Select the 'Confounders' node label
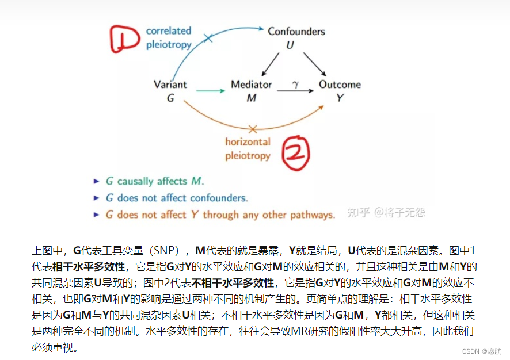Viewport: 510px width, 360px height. point(296,31)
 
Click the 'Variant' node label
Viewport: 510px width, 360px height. point(170,84)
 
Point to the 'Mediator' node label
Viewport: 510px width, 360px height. point(251,84)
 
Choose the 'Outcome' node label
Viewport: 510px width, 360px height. point(340,84)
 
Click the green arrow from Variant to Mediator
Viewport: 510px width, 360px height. point(210,90)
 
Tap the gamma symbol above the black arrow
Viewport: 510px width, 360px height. point(295,84)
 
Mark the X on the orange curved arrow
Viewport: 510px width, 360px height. point(252,129)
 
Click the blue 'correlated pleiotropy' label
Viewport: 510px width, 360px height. point(168,37)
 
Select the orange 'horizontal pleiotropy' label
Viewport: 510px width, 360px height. point(248,148)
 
